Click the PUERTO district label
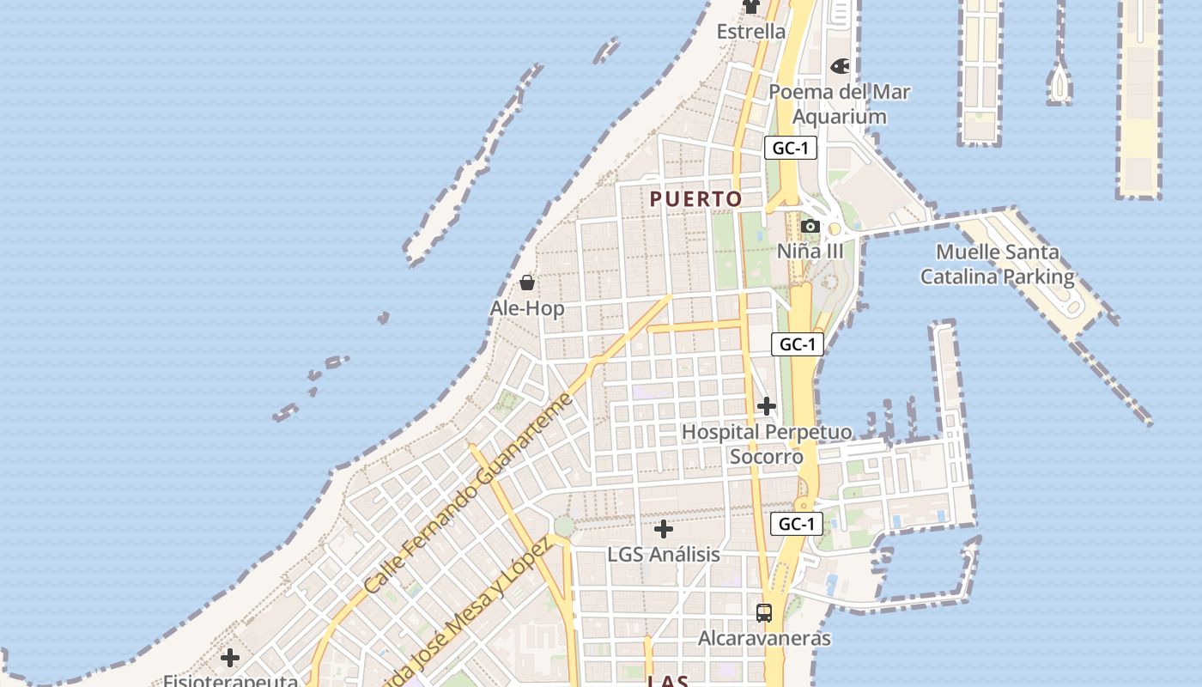coord(695,199)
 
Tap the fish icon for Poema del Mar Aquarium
coord(840,66)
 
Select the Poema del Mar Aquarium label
coord(839,104)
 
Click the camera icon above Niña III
coord(810,227)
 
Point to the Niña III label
coord(810,252)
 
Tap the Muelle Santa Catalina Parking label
coord(997,264)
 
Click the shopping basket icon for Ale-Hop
coord(527,283)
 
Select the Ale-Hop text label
coord(527,308)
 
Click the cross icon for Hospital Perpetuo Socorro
coord(767,406)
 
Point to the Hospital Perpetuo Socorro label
coord(767,444)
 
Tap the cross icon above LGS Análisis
coord(664,529)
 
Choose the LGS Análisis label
coord(664,555)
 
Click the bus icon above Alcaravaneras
coord(764,613)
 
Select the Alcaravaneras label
coord(764,638)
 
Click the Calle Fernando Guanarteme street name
coord(467,494)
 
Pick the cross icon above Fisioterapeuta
coord(230,659)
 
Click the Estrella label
coord(751,32)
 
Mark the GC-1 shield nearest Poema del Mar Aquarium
coord(790,148)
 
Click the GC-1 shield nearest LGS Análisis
coord(796,524)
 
